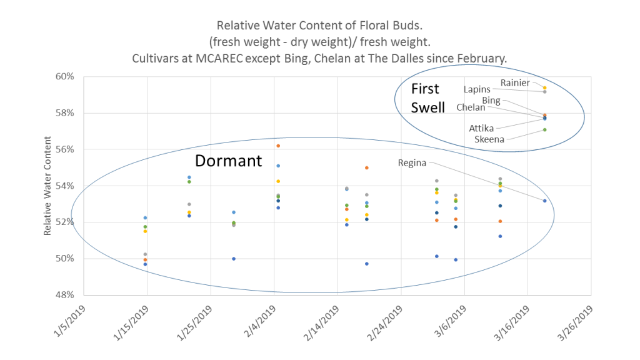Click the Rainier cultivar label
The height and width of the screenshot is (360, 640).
pos(515,82)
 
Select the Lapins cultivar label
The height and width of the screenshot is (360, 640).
pos(477,89)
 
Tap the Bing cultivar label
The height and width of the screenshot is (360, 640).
pos(491,100)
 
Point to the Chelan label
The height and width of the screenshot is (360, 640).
pos(471,107)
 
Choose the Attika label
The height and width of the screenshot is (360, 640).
pos(481,128)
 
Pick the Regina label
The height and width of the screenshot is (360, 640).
pos(412,163)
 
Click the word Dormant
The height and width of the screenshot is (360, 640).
pos(228,161)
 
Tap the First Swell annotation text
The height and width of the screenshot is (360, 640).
pos(427,98)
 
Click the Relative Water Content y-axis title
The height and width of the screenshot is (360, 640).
pos(47,186)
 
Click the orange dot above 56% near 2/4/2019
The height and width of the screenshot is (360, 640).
pos(278,146)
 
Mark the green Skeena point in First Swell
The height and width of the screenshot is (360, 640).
pos(545,130)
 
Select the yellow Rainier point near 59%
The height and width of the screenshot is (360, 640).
pos(545,88)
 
